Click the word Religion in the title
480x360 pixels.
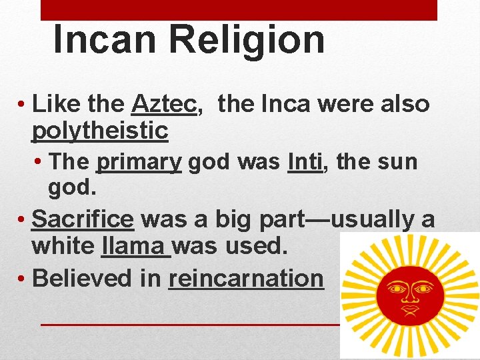tap(247, 39)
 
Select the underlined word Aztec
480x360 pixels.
tap(166, 104)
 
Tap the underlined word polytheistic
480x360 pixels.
tap(99, 131)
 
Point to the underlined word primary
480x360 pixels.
tap(139, 162)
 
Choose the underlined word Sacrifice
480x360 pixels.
tap(83, 219)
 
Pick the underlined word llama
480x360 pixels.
tap(136, 247)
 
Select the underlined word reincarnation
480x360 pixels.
tap(246, 279)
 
